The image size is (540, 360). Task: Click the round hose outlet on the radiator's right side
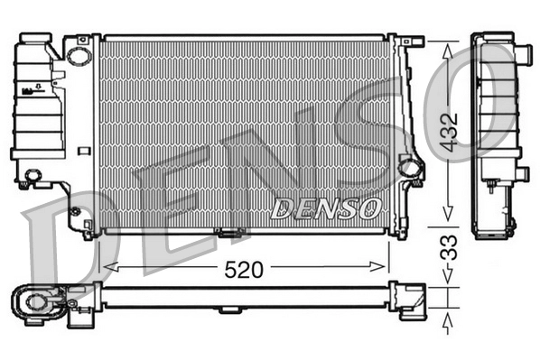tap(410, 167)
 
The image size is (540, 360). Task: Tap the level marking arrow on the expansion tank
tap(38, 89)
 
